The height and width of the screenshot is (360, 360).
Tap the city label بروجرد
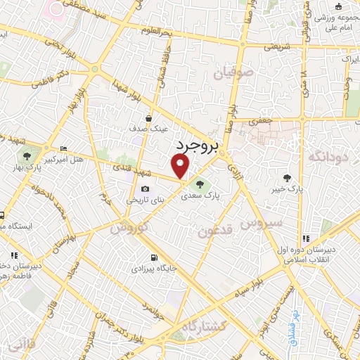[x=196, y=146]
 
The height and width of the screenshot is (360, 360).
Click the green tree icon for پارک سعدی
[x=201, y=185]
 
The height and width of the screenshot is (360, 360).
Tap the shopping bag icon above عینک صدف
[x=149, y=119]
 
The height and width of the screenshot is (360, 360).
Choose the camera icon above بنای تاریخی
[x=145, y=188]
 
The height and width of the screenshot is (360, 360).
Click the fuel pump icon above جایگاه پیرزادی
[x=154, y=257]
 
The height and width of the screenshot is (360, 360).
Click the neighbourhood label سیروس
[x=261, y=223]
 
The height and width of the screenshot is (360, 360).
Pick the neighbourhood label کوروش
[x=128, y=227]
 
